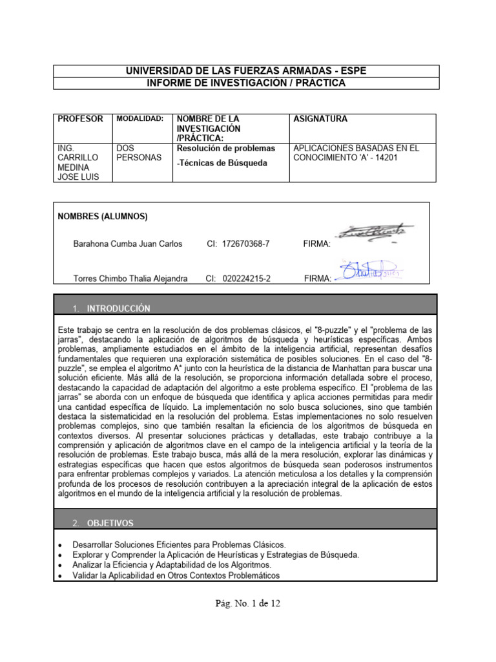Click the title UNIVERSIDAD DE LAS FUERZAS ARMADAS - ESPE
click(x=246, y=70)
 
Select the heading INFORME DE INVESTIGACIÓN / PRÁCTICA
click(x=246, y=83)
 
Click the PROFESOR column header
click(x=81, y=119)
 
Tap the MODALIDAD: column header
click(x=140, y=119)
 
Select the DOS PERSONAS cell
click(x=138, y=153)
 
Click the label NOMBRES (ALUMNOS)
click(x=103, y=215)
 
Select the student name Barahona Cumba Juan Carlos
click(x=128, y=244)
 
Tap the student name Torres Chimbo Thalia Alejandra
click(x=130, y=278)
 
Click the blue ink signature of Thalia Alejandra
click(x=368, y=270)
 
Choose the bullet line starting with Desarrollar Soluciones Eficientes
click(x=179, y=544)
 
